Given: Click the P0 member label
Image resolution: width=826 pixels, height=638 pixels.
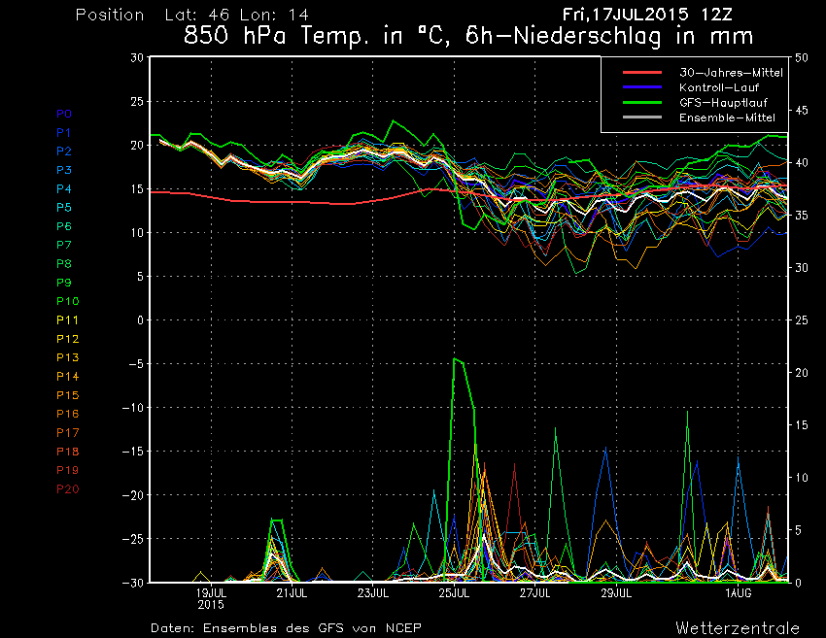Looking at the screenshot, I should coord(64,114).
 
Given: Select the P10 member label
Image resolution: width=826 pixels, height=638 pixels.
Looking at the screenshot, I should coord(68,301).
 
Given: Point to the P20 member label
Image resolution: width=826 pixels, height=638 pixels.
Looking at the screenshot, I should coord(68,488).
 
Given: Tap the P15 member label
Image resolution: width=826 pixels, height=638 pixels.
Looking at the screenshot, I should coord(68,395).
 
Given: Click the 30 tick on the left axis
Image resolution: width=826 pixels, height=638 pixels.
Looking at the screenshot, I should coord(138,57).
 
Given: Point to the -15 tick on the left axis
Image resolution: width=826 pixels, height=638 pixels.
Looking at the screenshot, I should coord(133,452).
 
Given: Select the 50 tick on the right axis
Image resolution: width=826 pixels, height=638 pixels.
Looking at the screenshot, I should coord(802,57).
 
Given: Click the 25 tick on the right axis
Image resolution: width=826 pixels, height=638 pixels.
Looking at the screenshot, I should coord(802,319).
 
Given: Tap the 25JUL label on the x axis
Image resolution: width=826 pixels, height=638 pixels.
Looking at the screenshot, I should coord(455,591).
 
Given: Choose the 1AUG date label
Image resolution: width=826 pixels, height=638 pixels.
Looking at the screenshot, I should coord(739,591).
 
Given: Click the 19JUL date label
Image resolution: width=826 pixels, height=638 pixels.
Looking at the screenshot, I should coord(211,591).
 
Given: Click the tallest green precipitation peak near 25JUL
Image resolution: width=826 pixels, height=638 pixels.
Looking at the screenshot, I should coord(455,359).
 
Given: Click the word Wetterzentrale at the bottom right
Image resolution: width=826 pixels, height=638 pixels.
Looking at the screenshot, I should coord(738,627).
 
